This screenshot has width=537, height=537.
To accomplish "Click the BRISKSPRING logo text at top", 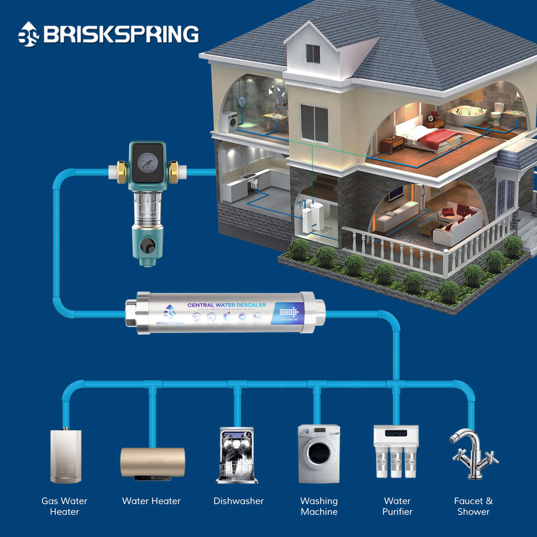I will tap(120, 35).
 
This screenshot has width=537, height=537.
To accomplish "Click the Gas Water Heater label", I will tap(64, 506).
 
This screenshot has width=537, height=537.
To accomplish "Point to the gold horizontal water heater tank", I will tap(153, 462).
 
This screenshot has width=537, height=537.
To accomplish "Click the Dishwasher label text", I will tap(238, 501).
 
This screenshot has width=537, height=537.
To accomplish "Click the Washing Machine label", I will tap(319, 506).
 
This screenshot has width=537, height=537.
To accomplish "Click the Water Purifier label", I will tap(397, 506).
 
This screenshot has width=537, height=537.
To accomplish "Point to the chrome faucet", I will tap(473, 454).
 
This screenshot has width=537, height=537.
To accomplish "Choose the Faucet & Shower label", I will tap(473, 506).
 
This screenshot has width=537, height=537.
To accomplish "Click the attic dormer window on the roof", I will tap(313, 53).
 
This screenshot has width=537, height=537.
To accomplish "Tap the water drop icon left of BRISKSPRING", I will tap(28, 35).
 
